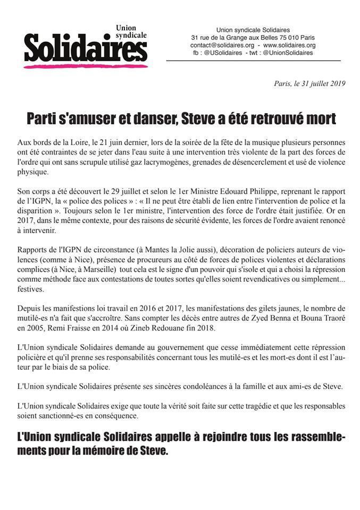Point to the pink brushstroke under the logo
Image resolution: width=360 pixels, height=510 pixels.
click(x=85, y=66)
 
